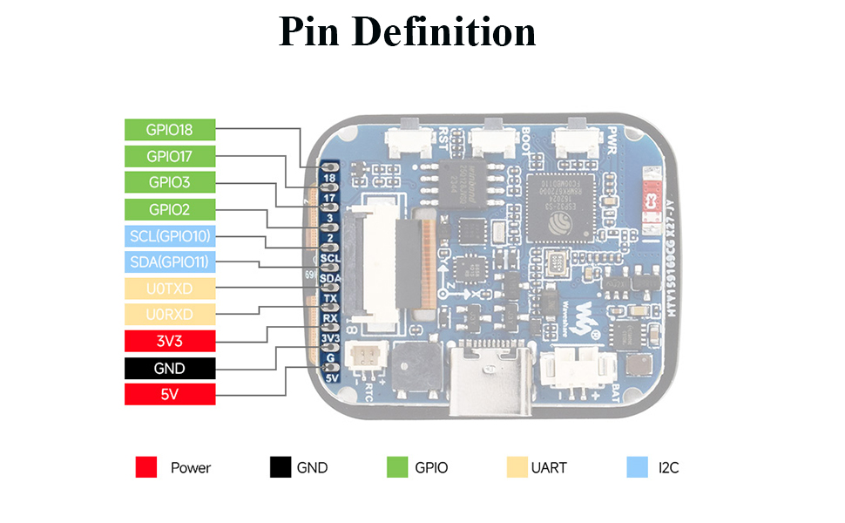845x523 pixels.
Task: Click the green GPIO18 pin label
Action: click(169, 130)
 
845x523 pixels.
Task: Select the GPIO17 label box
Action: click(169, 156)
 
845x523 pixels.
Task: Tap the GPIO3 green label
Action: click(169, 182)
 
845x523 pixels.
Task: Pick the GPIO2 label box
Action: click(169, 209)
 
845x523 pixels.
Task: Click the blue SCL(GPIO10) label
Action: click(169, 235)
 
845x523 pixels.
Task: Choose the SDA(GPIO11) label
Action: click(169, 261)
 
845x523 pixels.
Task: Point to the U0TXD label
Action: click(169, 289)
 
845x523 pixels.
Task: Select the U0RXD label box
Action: click(169, 315)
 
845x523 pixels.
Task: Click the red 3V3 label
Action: click(169, 341)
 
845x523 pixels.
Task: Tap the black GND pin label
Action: click(169, 368)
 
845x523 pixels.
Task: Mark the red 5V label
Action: click(169, 394)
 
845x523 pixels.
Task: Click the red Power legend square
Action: click(146, 467)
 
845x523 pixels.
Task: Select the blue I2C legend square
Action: click(638, 467)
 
